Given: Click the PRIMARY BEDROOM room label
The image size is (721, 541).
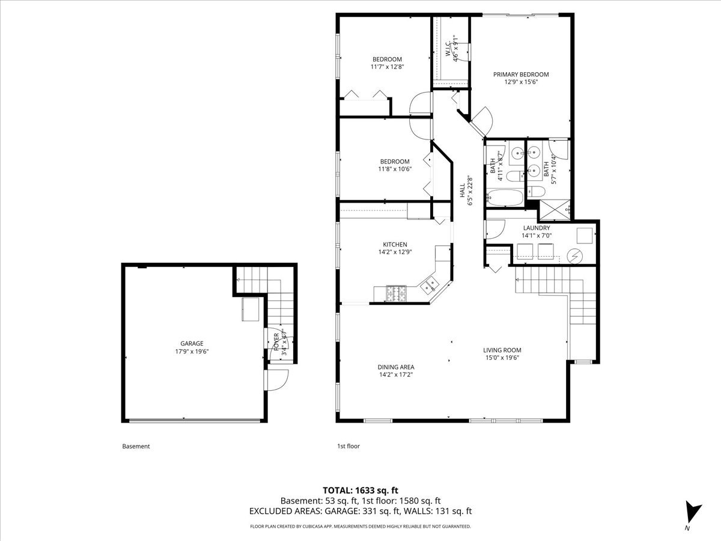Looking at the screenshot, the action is (x=521, y=75).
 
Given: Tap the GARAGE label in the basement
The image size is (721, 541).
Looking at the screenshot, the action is (x=192, y=344).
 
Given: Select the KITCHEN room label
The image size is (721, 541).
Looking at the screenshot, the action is (x=395, y=245).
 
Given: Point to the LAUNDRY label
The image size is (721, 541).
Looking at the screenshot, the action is (x=537, y=228).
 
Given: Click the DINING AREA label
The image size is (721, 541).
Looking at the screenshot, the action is (x=396, y=367).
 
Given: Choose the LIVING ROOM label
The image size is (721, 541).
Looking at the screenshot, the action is (x=502, y=350).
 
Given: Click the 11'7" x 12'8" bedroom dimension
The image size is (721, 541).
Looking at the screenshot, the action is (x=388, y=67).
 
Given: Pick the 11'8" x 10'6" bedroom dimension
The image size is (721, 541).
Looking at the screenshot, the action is (x=395, y=169).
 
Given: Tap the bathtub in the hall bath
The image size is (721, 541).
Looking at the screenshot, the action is (x=505, y=197).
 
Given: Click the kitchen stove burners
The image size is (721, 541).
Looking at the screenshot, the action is (x=396, y=293).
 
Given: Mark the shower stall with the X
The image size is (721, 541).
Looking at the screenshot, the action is (x=555, y=210).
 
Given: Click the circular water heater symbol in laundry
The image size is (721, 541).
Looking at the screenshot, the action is (x=575, y=256).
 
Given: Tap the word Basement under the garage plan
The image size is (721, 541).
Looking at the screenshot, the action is (x=136, y=446).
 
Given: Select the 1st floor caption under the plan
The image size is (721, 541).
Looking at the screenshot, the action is (x=348, y=446).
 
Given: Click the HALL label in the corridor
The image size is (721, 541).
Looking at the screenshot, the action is (x=463, y=191).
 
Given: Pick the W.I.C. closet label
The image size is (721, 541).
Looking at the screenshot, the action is (x=449, y=50).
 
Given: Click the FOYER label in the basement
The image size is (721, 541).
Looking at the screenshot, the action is (x=276, y=341).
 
